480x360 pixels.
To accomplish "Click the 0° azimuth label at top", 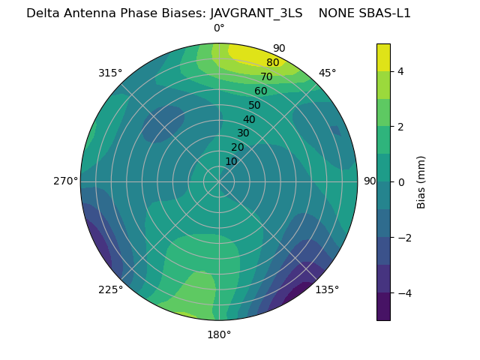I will (219, 28).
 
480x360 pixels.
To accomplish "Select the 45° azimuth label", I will (327, 73).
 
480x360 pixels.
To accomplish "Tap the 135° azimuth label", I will (327, 289).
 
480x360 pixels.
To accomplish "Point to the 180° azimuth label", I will (219, 334).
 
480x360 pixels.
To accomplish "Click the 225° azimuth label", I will (110, 289).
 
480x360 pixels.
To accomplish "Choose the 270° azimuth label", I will (65, 181).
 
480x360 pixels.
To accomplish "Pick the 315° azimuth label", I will (110, 73).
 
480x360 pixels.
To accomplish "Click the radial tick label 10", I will (231, 161).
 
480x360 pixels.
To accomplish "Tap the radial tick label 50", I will (254, 105).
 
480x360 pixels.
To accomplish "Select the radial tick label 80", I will (272, 63).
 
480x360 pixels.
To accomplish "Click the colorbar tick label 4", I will (400, 71).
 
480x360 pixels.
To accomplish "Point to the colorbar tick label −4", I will (403, 292).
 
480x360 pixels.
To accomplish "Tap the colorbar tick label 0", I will (400, 181).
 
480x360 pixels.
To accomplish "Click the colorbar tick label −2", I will (403, 237).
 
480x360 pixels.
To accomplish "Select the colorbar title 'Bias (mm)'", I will (421, 181).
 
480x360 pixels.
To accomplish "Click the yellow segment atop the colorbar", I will (383, 57).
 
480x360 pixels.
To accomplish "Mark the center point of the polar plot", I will (219, 181).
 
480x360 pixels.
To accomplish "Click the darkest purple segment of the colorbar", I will (383, 306).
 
